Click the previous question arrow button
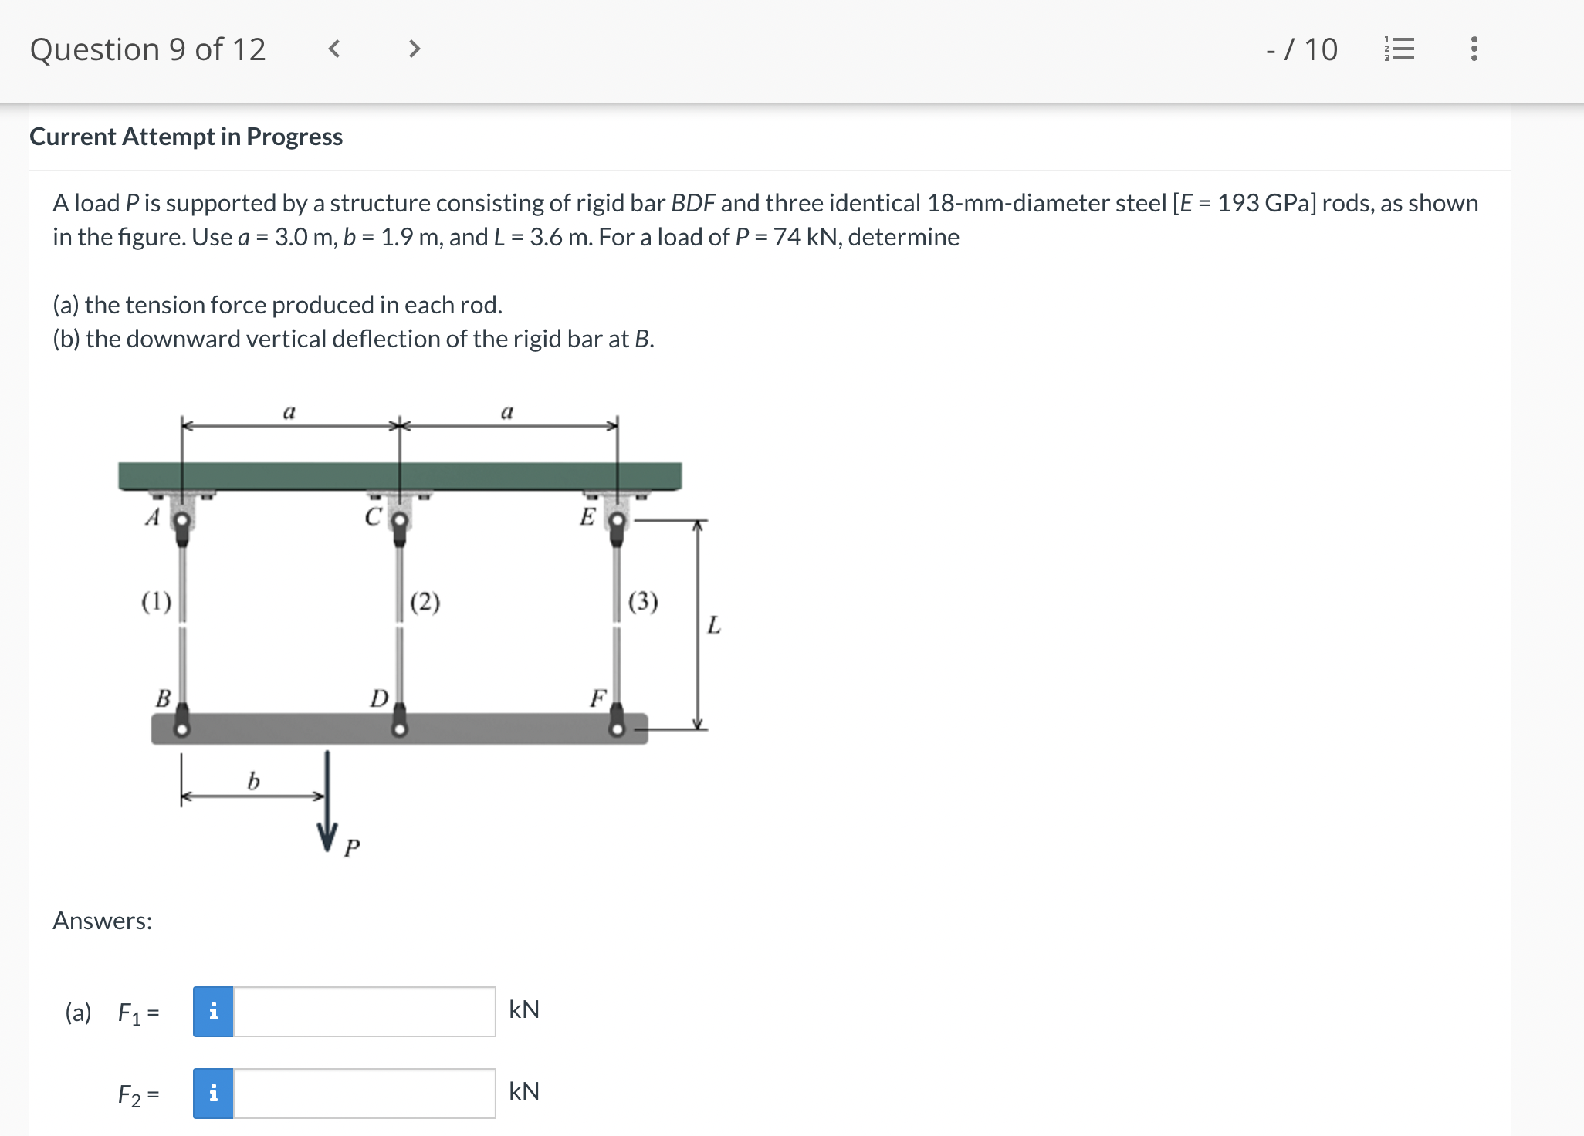(x=333, y=49)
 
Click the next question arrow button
(x=415, y=49)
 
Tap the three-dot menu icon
(x=1474, y=49)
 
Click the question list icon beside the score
(x=1400, y=49)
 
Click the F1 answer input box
(x=364, y=1011)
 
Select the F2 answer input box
(x=364, y=1093)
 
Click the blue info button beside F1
(x=213, y=1011)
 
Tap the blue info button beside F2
(x=213, y=1093)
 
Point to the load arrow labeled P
(x=327, y=803)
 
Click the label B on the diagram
(x=163, y=698)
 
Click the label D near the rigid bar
(x=378, y=698)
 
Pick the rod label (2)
(x=425, y=601)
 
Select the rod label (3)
(x=643, y=601)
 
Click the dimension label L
(x=714, y=624)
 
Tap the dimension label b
(x=253, y=781)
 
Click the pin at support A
(x=182, y=520)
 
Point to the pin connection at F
(x=617, y=729)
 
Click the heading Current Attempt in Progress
(x=186, y=137)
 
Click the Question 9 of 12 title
(x=147, y=49)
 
